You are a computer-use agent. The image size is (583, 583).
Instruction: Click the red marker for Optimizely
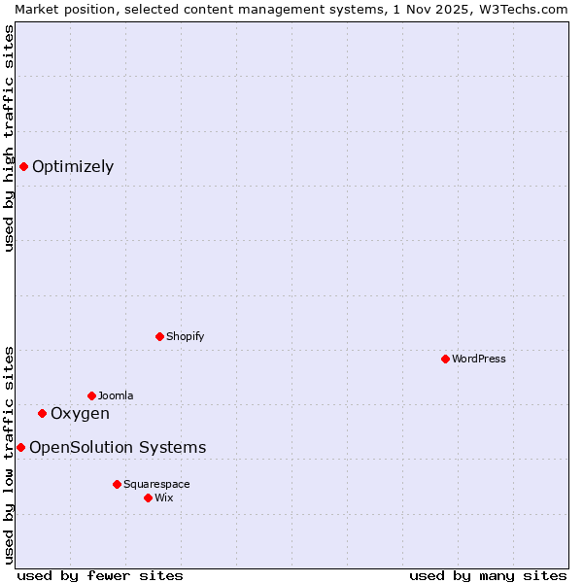pos(23,166)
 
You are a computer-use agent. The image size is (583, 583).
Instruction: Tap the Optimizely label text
pos(73,166)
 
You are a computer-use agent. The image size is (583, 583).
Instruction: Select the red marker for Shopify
pos(159,336)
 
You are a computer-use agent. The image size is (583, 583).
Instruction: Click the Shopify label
pos(185,336)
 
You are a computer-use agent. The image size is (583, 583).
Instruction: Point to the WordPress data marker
pos(445,359)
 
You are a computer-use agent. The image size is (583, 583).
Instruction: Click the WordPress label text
pos(478,359)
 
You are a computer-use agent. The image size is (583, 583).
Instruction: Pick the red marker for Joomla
pos(91,395)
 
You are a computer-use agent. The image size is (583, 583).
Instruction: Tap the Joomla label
pos(116,395)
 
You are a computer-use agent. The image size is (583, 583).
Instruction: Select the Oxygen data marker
pos(42,413)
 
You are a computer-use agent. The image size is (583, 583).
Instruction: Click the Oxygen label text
pos(80,413)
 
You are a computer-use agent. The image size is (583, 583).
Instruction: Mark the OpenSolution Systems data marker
pos(20,447)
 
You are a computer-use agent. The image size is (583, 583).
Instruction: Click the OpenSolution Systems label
pos(118,447)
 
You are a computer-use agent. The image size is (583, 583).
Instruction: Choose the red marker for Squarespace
pos(117,484)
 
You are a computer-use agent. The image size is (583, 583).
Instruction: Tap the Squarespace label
pos(156,484)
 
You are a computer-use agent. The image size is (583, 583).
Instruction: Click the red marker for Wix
pos(148,497)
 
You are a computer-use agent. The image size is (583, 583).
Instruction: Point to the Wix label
pos(164,497)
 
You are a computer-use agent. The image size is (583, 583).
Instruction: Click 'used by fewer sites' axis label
pos(100,575)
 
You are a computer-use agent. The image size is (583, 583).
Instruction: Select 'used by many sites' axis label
pos(488,575)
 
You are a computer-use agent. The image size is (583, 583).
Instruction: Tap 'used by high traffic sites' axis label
pos(9,138)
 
